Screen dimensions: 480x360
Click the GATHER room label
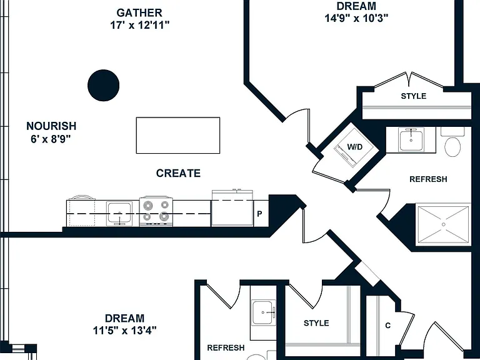pos(139,13)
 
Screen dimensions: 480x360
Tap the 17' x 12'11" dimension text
pos(139,25)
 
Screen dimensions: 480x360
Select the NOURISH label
pos(51,126)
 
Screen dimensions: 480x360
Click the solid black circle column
pos(104,86)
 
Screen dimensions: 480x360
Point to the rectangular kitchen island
pos(178,135)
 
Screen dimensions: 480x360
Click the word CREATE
pos(178,173)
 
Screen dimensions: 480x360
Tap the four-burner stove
pos(156,211)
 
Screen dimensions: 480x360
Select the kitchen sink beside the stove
pos(119,213)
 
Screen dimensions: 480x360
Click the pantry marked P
pos(261,213)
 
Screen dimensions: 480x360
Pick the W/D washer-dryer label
pos(354,147)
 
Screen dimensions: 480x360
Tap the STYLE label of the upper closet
pos(414,96)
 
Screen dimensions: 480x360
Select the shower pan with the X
pos(443,225)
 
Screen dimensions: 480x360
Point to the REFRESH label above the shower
pos(428,179)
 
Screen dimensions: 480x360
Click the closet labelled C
pos(388,326)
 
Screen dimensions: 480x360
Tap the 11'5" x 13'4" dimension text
pos(124,331)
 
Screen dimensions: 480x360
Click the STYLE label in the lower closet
pos(316,323)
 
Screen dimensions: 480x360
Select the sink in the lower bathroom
pos(264,312)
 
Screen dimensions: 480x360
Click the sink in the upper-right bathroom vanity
pos(411,139)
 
